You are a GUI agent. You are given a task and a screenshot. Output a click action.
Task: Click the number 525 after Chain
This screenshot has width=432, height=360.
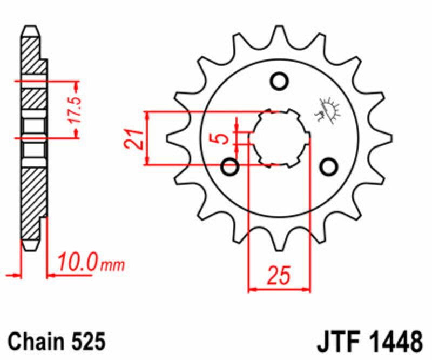tap(86, 342)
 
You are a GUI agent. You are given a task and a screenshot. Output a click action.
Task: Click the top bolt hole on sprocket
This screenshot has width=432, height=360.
tap(279, 82)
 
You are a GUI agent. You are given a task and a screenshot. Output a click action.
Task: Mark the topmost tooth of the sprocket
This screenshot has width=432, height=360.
tap(279, 34)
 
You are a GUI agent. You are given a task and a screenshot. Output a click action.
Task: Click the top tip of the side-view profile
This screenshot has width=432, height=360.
tap(31, 28)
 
